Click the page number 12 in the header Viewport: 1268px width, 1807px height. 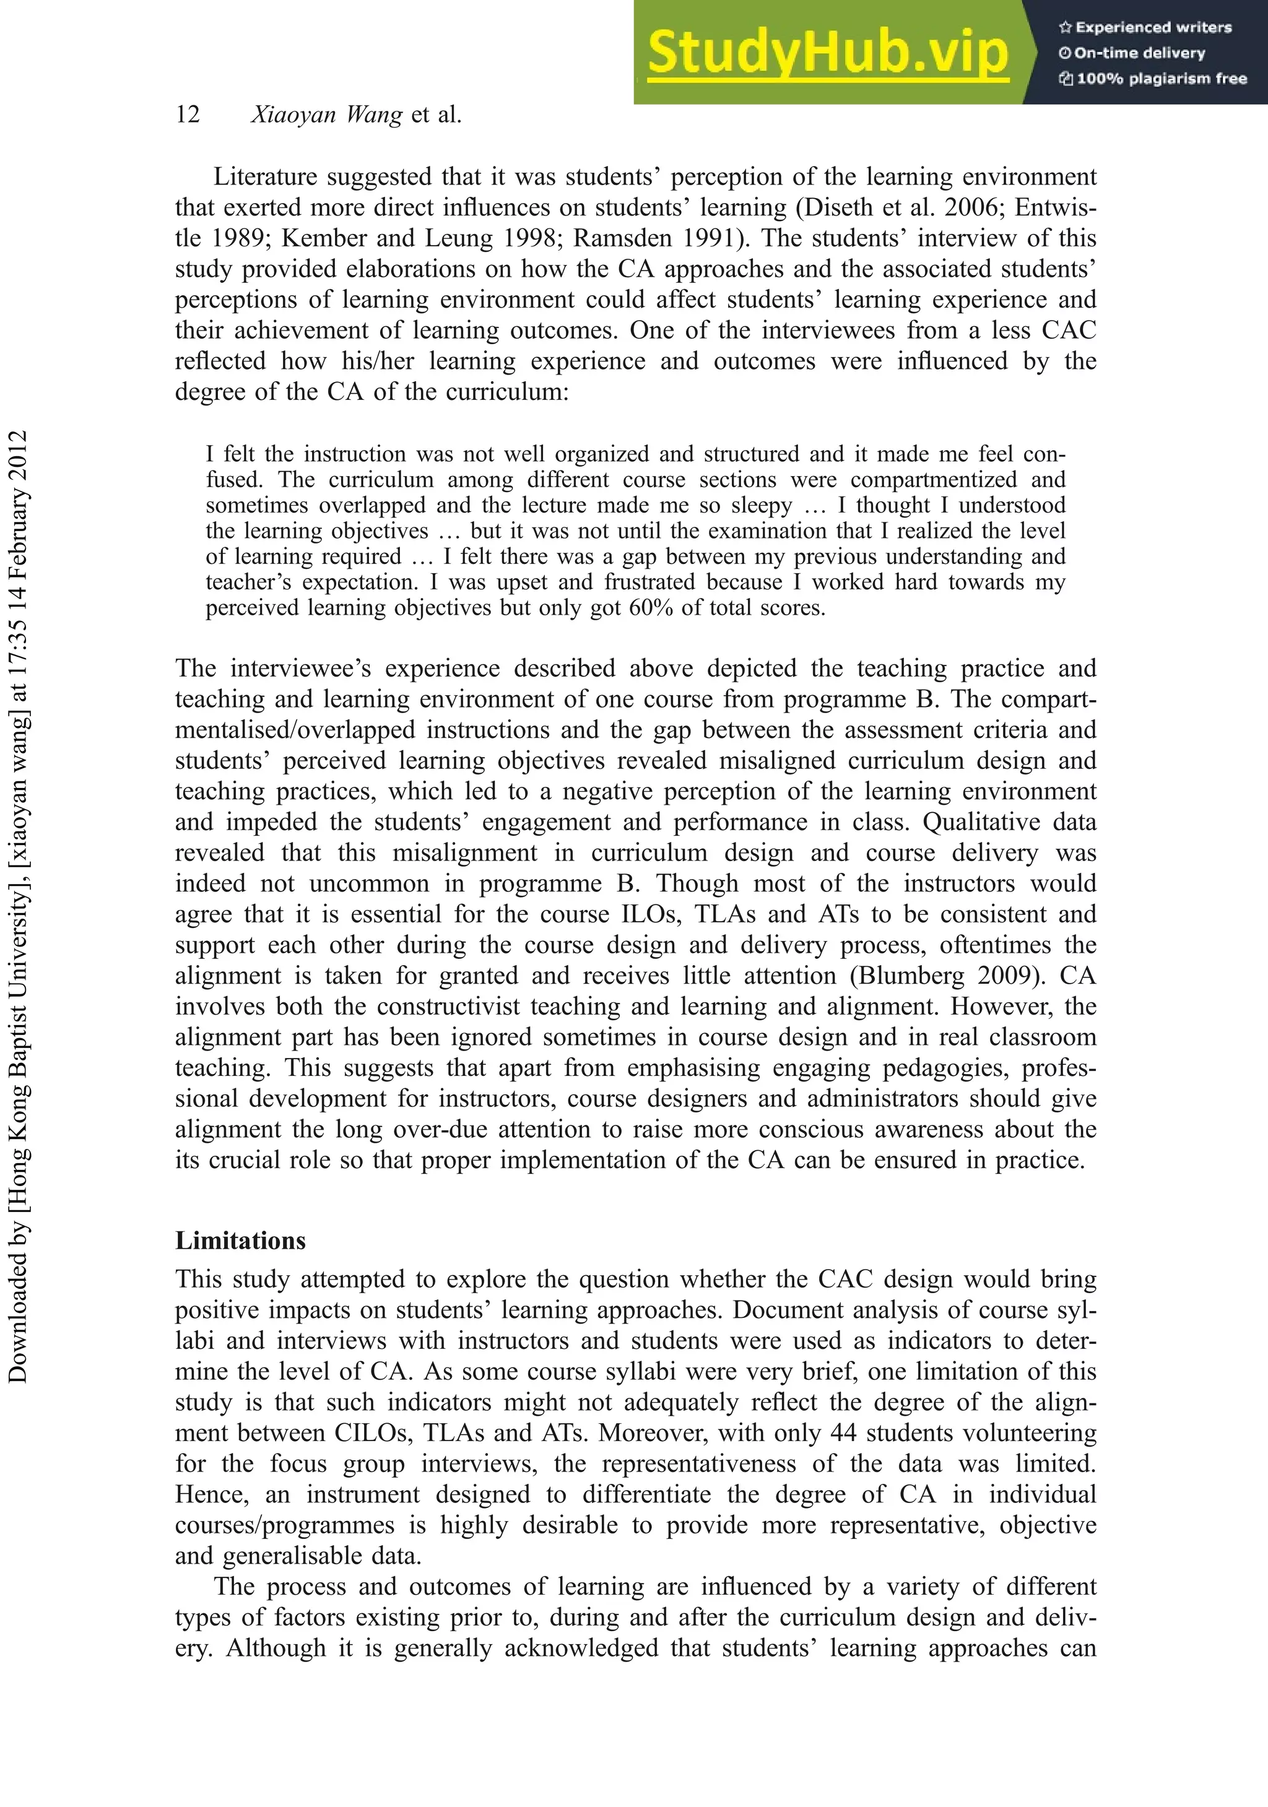pos(188,115)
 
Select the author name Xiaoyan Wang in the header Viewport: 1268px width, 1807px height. pos(327,115)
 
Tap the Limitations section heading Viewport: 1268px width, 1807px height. pos(240,1241)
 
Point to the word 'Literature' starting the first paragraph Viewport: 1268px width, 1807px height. pos(266,177)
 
